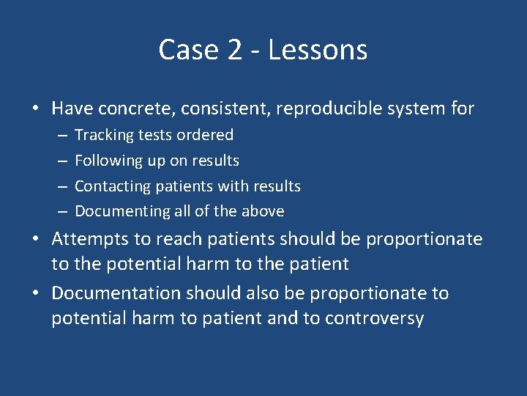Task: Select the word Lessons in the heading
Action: (x=318, y=50)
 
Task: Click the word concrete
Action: (x=129, y=109)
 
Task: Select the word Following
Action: (x=109, y=161)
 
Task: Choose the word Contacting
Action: (x=113, y=186)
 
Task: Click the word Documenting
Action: (x=121, y=211)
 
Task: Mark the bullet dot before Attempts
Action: (x=35, y=240)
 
